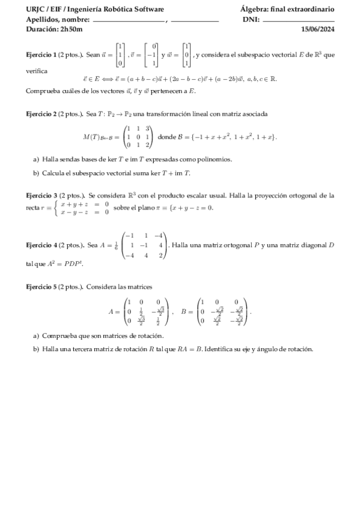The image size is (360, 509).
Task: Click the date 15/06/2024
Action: (317, 29)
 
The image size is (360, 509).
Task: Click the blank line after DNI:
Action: (299, 20)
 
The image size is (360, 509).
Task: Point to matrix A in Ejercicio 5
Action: (143, 312)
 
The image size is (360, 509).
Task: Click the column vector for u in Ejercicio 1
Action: (120, 55)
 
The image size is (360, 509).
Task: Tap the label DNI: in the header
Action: (250, 20)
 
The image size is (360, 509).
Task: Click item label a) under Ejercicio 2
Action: (36, 159)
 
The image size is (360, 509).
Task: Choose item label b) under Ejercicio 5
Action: (36, 349)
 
